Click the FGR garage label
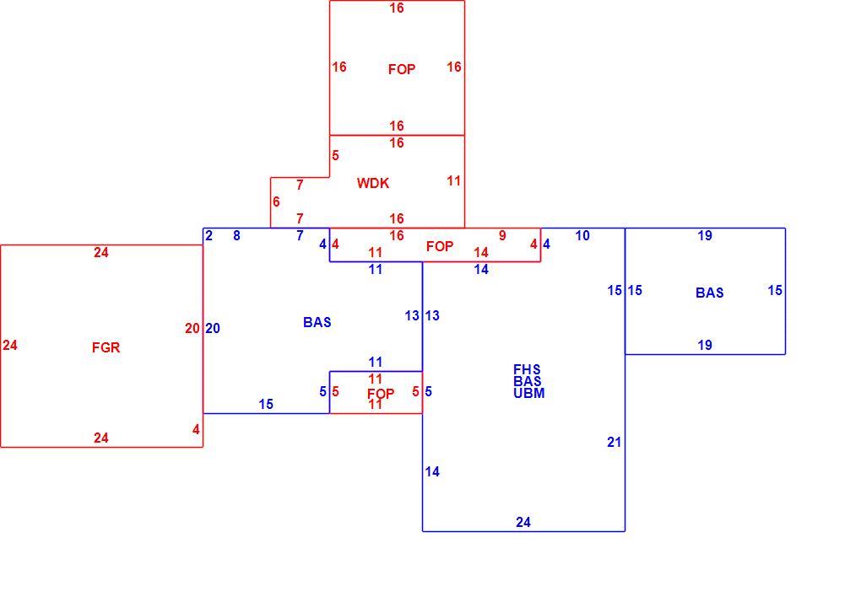(106, 347)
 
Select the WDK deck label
(373, 183)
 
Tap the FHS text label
(527, 369)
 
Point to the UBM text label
(528, 393)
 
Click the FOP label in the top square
(402, 70)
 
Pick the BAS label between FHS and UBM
(527, 381)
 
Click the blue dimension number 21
(614, 442)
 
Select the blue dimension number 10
(582, 236)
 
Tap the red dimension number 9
(502, 236)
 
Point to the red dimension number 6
(276, 202)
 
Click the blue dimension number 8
(236, 236)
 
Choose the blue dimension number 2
(208, 236)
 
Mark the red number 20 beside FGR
(192, 329)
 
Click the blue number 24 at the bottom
(523, 523)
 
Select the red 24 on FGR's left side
(10, 346)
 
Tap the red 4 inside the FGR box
(196, 430)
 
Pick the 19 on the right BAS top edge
(705, 236)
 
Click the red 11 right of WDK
(453, 181)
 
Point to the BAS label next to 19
(709, 293)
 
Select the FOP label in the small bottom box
(381, 395)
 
